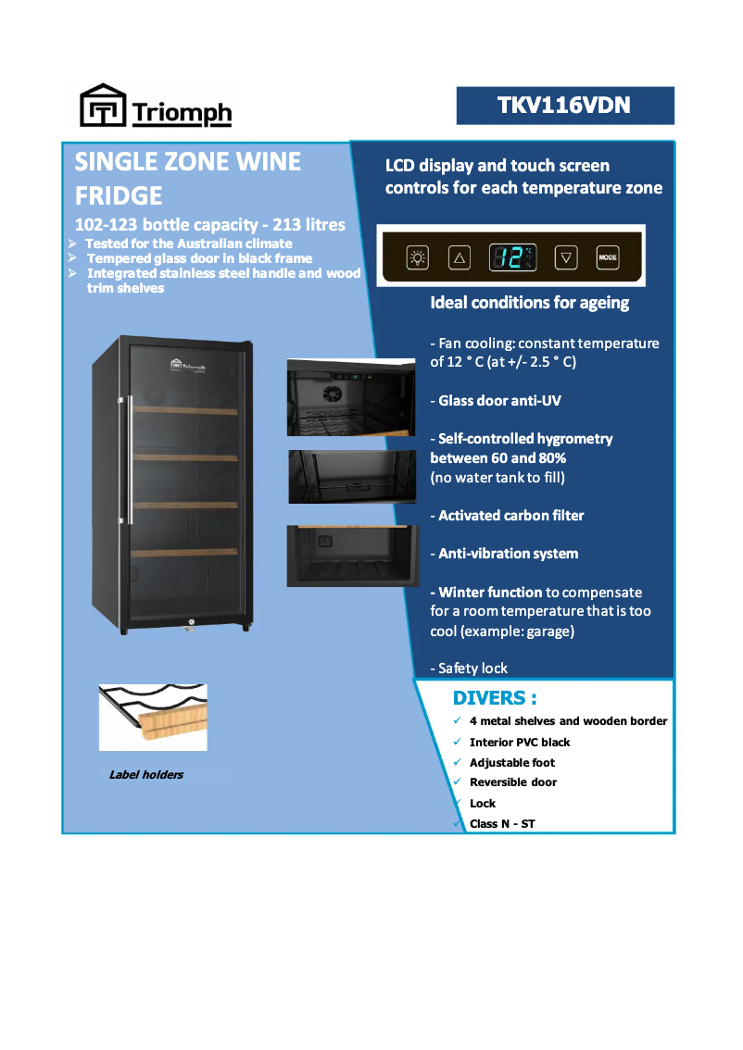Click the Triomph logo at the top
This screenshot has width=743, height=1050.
pos(155,106)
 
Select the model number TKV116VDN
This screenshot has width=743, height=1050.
pos(564,106)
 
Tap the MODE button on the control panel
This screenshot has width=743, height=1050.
pos(607,257)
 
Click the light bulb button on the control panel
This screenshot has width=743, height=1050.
pos(419,257)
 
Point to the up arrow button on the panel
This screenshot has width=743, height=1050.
pos(460,257)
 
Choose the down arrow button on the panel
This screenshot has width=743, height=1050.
pos(566,257)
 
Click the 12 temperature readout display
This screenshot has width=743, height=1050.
pos(513,257)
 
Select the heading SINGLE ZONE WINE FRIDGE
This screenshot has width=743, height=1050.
pos(188,178)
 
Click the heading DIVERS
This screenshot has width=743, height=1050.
pos(495,697)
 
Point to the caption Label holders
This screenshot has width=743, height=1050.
pos(146,775)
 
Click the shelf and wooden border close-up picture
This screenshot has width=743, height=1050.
pos(153,717)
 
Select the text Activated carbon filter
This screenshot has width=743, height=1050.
pos(510,516)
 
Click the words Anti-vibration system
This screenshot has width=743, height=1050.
pos(508,554)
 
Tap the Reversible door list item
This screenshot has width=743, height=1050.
pos(513,782)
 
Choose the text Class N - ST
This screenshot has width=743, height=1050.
pos(502,823)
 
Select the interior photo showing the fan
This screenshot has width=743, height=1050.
pos(351,396)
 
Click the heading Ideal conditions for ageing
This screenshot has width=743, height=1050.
pos(530,303)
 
